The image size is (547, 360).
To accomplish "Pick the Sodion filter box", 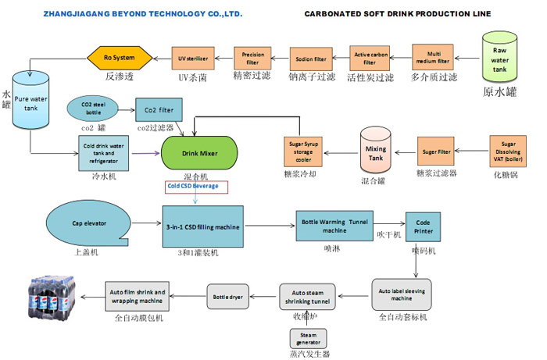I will click(x=311, y=59).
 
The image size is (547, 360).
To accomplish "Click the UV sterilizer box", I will click(x=192, y=59).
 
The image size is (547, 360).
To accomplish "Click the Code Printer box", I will click(x=424, y=225).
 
